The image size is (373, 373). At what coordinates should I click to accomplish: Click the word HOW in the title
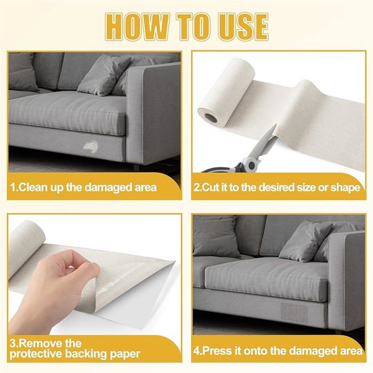(137, 27)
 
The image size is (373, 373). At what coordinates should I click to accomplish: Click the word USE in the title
(244, 27)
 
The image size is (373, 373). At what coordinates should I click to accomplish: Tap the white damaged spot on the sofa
(91, 147)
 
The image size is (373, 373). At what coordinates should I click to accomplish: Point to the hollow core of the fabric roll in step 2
(211, 118)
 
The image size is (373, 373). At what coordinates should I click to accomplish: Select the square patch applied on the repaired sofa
(294, 311)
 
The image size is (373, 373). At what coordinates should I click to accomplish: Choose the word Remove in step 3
(40, 344)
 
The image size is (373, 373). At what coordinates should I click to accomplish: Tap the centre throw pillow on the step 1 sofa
(104, 75)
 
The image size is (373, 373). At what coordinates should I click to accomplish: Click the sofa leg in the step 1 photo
(136, 167)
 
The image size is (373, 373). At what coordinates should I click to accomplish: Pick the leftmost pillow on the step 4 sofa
(215, 236)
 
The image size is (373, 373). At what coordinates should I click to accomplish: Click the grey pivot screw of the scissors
(250, 165)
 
